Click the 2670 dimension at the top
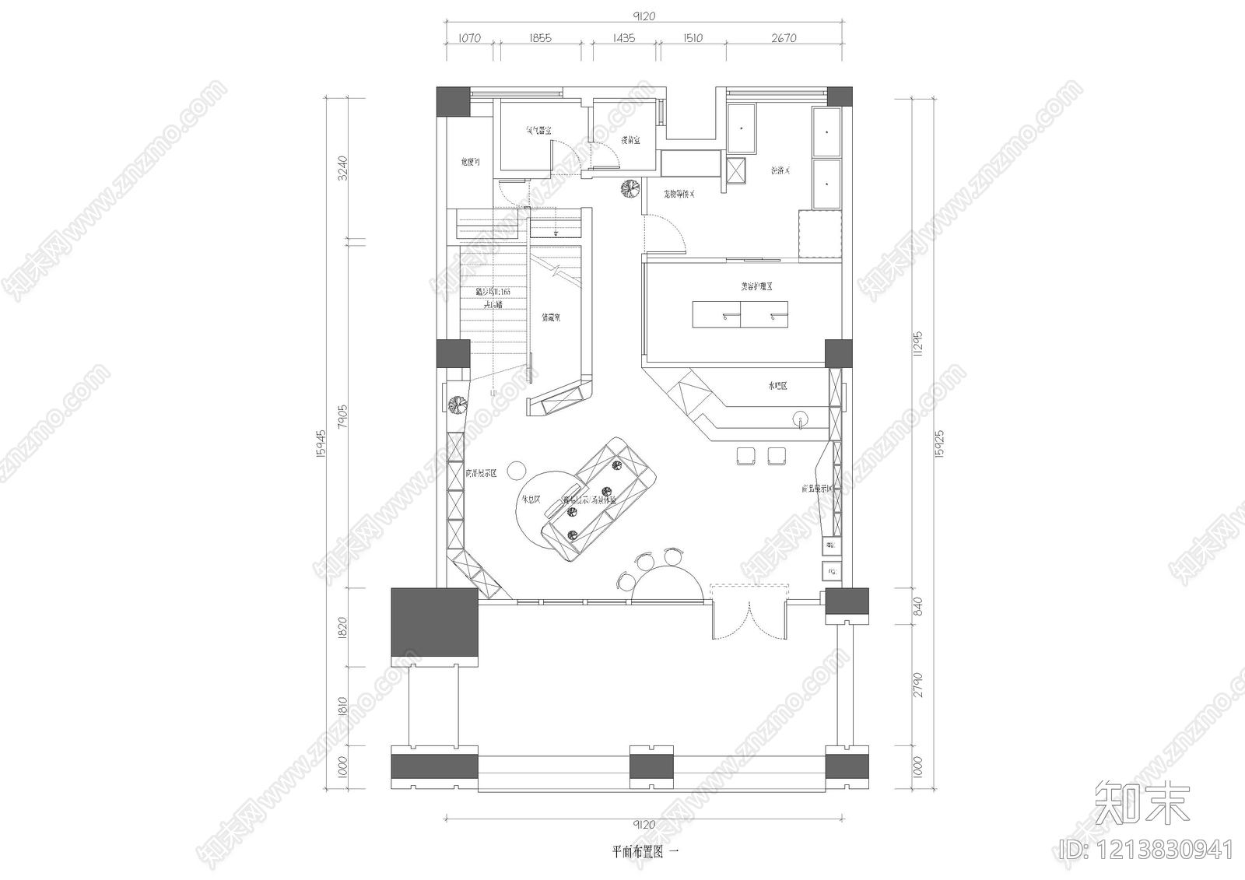pyautogui.click(x=784, y=37)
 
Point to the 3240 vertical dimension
pyautogui.click(x=342, y=167)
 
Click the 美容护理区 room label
pyautogui.click(x=756, y=286)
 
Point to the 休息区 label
pyautogui.click(x=531, y=500)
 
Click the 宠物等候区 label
pyautogui.click(x=679, y=194)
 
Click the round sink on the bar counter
pyautogui.click(x=800, y=420)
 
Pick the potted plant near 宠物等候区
pyautogui.click(x=629, y=189)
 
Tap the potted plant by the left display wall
pyautogui.click(x=457, y=404)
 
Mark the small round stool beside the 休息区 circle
pyautogui.click(x=516, y=470)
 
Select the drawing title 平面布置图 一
pyautogui.click(x=645, y=851)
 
